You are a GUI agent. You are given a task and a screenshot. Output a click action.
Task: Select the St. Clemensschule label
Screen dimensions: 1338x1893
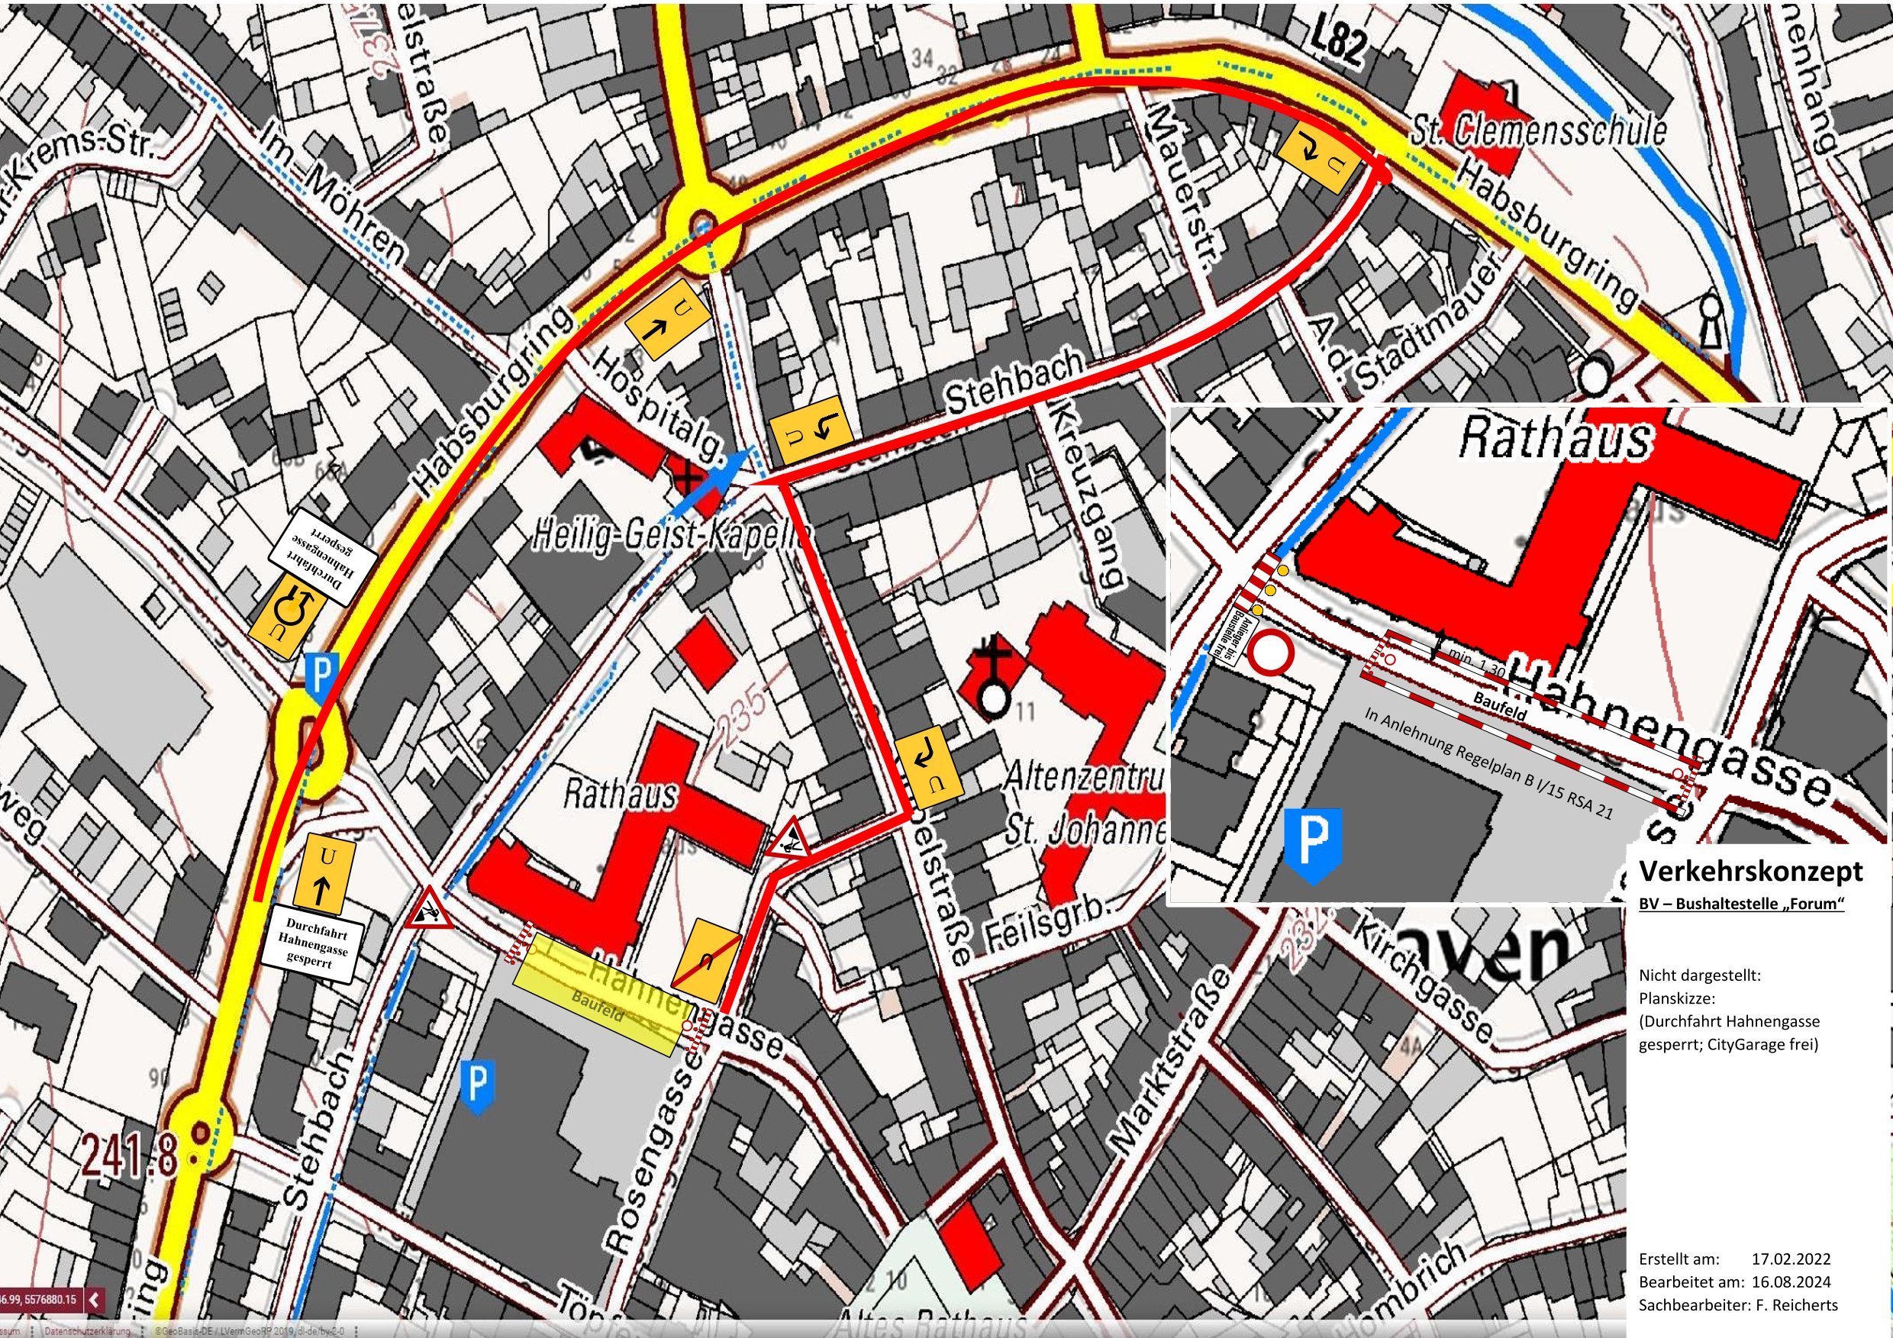[x=1537, y=133]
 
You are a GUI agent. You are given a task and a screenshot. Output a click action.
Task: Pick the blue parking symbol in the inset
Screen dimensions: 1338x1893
[x=1314, y=844]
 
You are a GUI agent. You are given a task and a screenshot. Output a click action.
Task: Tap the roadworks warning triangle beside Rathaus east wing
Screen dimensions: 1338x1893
[x=790, y=840]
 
